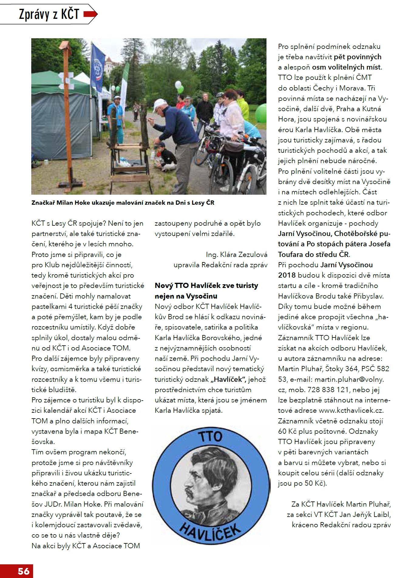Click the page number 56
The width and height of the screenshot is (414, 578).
point(23,571)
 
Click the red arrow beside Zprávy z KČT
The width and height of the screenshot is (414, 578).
point(90,14)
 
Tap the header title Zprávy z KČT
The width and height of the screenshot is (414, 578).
point(49,14)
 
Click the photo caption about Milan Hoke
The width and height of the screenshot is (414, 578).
point(123,203)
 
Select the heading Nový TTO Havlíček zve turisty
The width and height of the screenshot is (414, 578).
point(206,286)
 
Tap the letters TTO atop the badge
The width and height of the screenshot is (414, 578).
point(210,436)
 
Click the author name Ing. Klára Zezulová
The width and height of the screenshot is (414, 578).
point(236,255)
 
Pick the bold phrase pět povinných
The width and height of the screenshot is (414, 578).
point(358,57)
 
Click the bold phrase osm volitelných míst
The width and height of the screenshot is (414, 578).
point(346,67)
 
